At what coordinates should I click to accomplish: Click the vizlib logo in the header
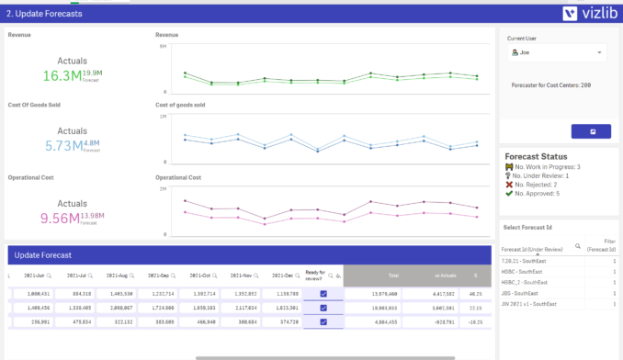[587, 13]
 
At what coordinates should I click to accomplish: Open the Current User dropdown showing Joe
[557, 53]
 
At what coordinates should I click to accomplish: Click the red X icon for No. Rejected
[509, 185]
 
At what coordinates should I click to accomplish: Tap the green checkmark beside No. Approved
[509, 194]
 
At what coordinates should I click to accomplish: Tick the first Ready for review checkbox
[323, 294]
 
